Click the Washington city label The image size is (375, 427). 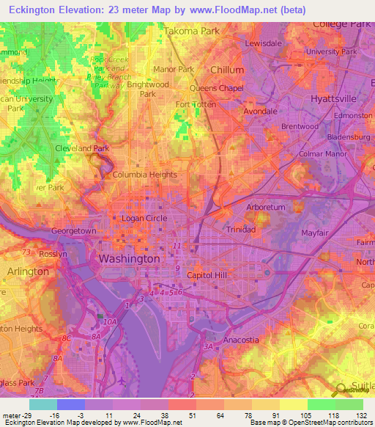129,259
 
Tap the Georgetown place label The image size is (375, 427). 73,230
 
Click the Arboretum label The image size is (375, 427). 265,208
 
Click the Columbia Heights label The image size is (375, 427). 144,175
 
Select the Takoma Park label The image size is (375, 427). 191,32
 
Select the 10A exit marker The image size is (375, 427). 110,322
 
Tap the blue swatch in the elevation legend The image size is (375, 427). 71,404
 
